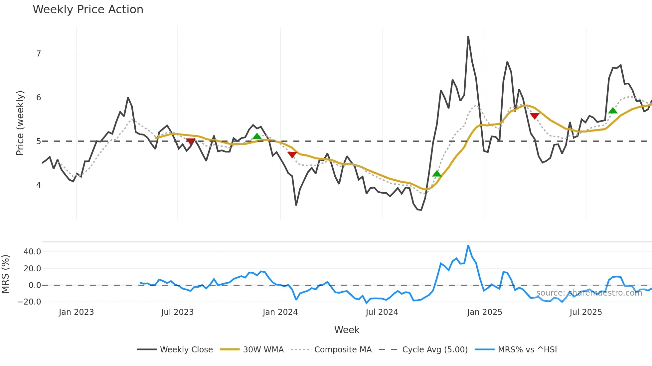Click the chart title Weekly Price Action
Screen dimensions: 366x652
[x=88, y=10]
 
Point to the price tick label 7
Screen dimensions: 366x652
[x=39, y=54]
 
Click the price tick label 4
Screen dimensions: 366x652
[x=39, y=185]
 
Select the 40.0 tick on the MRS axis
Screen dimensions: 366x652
[x=32, y=252]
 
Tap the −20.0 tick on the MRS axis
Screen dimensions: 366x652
[x=30, y=302]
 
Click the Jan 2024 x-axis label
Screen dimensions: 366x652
[x=280, y=312]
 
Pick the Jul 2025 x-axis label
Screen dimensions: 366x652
[x=585, y=312]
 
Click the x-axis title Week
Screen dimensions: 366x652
[x=347, y=330]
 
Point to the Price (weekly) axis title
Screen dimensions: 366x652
[x=20, y=123]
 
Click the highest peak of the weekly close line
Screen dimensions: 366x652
[x=468, y=37]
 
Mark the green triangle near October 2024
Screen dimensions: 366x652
[x=437, y=174]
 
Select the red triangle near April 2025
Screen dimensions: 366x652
[x=534, y=116]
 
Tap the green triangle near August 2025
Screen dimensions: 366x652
[x=613, y=111]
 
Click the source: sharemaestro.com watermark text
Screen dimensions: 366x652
[x=589, y=293]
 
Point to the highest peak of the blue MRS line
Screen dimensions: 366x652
[x=468, y=246]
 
